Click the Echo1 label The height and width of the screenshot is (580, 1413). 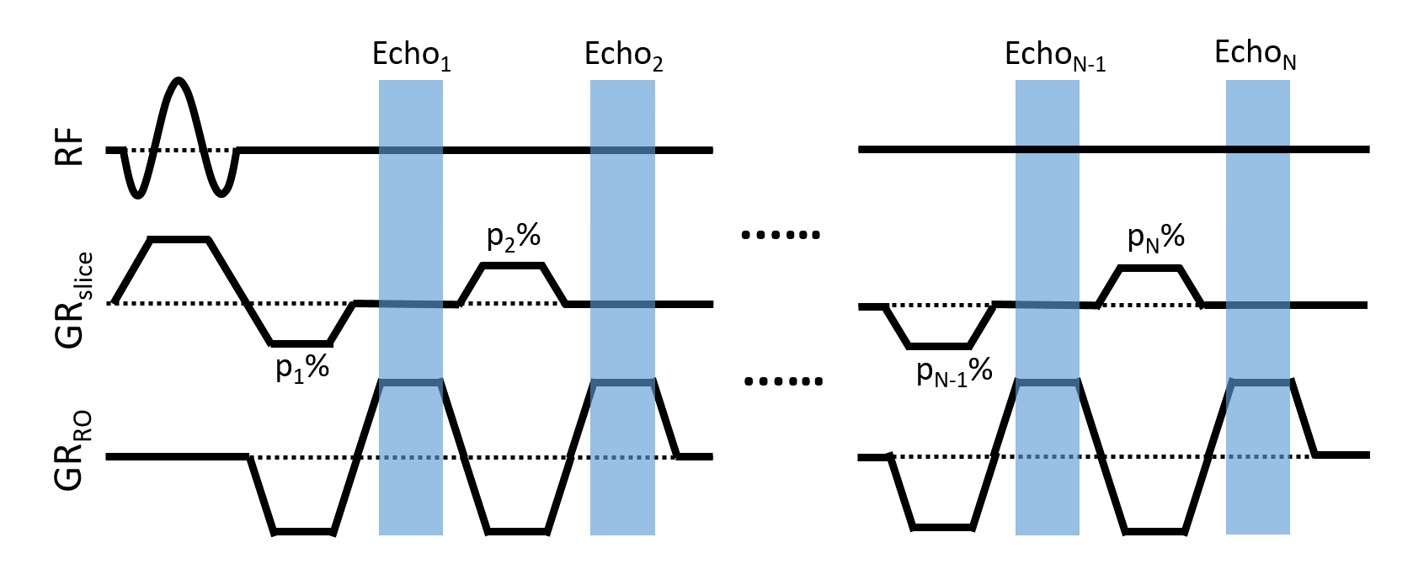pyautogui.click(x=411, y=56)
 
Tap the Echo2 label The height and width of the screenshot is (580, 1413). pyautogui.click(x=623, y=56)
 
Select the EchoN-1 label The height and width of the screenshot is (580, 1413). pyautogui.click(x=1054, y=56)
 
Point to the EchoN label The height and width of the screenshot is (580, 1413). pyautogui.click(x=1255, y=54)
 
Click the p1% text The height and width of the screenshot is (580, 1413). pyautogui.click(x=302, y=368)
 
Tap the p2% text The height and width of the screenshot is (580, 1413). pyautogui.click(x=514, y=237)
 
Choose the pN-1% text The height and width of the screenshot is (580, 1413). pyautogui.click(x=954, y=370)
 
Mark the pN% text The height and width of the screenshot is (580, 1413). pyautogui.click(x=1156, y=239)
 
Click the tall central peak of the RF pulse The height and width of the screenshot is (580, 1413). pyautogui.click(x=177, y=82)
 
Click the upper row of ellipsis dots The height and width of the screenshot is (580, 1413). pyautogui.click(x=780, y=236)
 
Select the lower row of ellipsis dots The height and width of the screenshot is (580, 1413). pyautogui.click(x=783, y=381)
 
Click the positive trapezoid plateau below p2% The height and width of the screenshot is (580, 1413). pyautogui.click(x=514, y=265)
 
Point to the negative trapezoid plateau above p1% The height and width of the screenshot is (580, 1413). pyautogui.click(x=301, y=343)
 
